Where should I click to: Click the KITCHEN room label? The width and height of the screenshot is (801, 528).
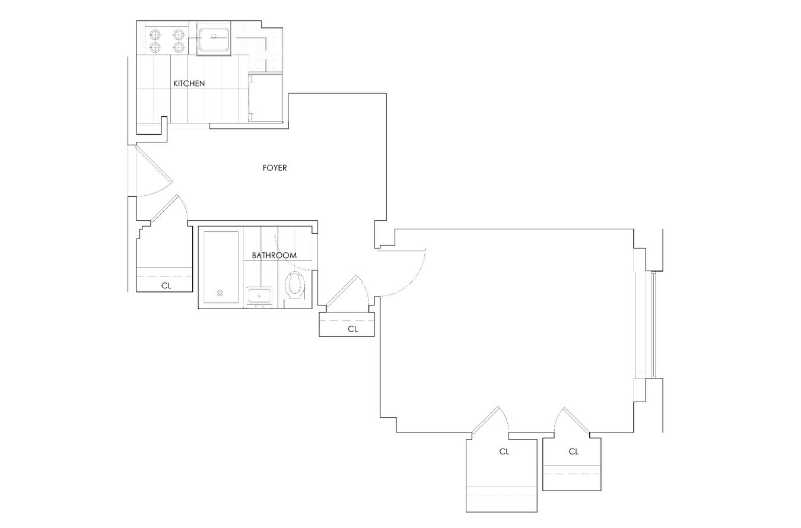[x=189, y=84]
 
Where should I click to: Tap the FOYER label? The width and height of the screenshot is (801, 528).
[x=275, y=168]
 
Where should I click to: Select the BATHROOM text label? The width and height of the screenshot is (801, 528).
[x=274, y=255]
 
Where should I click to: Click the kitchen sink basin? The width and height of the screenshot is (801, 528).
[x=214, y=39]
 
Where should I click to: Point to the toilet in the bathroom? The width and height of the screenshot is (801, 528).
[x=295, y=285]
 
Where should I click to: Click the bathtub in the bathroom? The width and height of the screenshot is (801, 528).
[x=221, y=267]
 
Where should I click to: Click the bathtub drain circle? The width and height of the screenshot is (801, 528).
[x=220, y=293]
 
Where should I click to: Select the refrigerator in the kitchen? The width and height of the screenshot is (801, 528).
[x=265, y=97]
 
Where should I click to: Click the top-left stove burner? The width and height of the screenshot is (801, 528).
[x=155, y=34]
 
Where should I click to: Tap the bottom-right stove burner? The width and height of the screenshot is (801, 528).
[x=179, y=47]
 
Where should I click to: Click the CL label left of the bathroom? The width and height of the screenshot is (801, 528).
[x=166, y=286]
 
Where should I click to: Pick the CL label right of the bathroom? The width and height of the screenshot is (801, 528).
[x=352, y=329]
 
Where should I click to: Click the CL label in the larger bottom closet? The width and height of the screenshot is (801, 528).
[x=504, y=452]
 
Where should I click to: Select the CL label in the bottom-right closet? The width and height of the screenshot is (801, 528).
[x=573, y=452]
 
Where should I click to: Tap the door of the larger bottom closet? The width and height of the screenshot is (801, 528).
[x=485, y=420]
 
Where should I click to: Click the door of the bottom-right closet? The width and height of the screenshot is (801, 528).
[x=577, y=421]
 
